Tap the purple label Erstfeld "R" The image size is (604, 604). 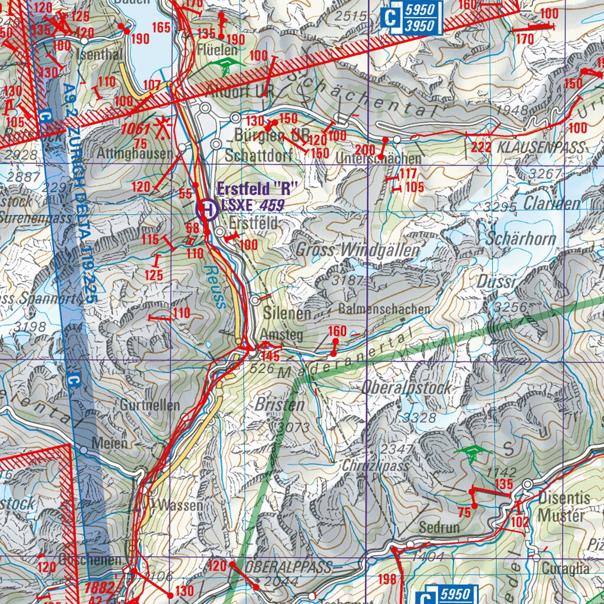[256, 190]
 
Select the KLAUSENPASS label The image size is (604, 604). [541, 147]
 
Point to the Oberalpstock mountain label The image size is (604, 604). [407, 388]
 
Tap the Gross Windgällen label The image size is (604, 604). [357, 250]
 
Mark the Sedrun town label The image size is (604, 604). [439, 527]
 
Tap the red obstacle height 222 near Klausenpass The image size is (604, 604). [481, 147]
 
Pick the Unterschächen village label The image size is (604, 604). [377, 159]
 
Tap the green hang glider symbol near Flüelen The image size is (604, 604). [224, 64]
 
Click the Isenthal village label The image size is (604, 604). [100, 54]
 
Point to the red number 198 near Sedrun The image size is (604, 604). [387, 579]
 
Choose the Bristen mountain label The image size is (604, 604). [280, 405]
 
